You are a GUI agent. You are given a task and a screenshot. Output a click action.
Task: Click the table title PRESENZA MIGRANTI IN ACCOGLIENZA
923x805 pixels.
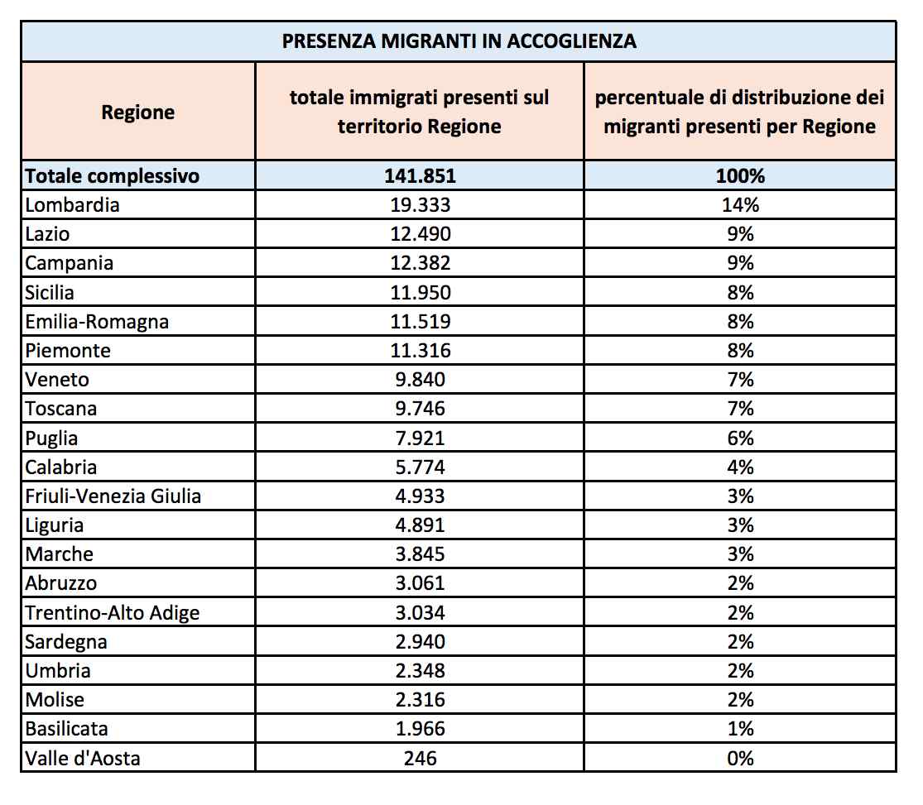pyautogui.click(x=459, y=41)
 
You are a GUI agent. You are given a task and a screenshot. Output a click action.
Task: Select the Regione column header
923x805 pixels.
pyautogui.click(x=137, y=113)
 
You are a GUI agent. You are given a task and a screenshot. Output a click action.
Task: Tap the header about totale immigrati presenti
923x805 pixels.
pyautogui.click(x=420, y=113)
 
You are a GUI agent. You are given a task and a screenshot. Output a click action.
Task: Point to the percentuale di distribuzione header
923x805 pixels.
pyautogui.click(x=740, y=113)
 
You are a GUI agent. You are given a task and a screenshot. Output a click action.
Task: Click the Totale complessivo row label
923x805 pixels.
pyautogui.click(x=113, y=175)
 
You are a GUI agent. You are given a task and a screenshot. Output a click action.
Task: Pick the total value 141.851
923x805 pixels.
pyautogui.click(x=420, y=175)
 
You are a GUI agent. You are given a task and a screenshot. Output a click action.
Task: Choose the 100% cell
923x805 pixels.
pyautogui.click(x=740, y=175)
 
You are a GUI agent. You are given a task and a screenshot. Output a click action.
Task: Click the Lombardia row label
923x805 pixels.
pyautogui.click(x=72, y=205)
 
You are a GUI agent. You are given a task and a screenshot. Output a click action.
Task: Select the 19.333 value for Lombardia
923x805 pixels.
pyautogui.click(x=420, y=205)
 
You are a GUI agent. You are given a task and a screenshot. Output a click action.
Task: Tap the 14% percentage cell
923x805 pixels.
pyautogui.click(x=740, y=205)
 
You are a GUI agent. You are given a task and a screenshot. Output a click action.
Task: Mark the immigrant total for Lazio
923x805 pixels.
pyautogui.click(x=420, y=234)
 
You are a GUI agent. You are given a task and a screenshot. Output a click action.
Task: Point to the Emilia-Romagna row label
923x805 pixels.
pyautogui.click(x=97, y=321)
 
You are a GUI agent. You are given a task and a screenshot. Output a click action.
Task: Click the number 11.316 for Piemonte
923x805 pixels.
pyautogui.click(x=420, y=351)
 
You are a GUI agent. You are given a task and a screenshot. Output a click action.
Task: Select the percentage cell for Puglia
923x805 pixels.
pyautogui.click(x=740, y=438)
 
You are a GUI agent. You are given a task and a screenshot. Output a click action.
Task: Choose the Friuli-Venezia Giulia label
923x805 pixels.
pyautogui.click(x=113, y=496)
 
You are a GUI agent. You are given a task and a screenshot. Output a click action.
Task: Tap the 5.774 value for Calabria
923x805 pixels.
pyautogui.click(x=420, y=467)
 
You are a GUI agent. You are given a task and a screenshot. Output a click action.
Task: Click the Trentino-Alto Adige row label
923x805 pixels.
pyautogui.click(x=113, y=612)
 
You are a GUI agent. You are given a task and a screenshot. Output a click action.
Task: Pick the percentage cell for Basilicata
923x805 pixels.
pyautogui.click(x=740, y=729)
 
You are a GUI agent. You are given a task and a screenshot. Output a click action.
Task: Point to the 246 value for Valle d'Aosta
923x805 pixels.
pyautogui.click(x=420, y=758)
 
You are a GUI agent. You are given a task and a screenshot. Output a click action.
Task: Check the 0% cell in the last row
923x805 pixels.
pyautogui.click(x=740, y=758)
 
